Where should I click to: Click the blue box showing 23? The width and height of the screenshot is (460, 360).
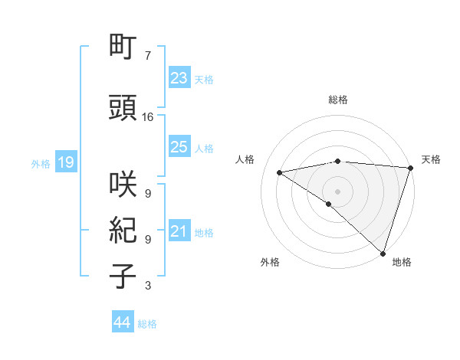tap(179, 78)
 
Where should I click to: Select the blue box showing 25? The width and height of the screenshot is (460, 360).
tap(179, 148)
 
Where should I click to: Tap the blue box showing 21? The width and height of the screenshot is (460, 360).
tap(179, 231)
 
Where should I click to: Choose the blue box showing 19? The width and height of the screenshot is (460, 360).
tap(65, 162)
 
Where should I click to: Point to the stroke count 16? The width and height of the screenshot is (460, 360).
tap(148, 117)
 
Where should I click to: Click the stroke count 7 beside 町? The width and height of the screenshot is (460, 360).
tap(147, 56)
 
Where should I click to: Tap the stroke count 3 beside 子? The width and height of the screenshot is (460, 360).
tap(147, 286)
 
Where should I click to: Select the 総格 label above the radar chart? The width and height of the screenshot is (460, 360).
tap(337, 100)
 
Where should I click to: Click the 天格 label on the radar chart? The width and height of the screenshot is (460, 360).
tap(432, 159)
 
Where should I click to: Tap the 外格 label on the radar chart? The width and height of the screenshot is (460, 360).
tap(269, 263)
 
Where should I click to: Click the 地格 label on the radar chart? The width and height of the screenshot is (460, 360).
tap(402, 263)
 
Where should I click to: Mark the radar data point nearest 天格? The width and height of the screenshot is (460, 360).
tap(410, 167)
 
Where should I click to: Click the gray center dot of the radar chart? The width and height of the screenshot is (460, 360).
tap(337, 190)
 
